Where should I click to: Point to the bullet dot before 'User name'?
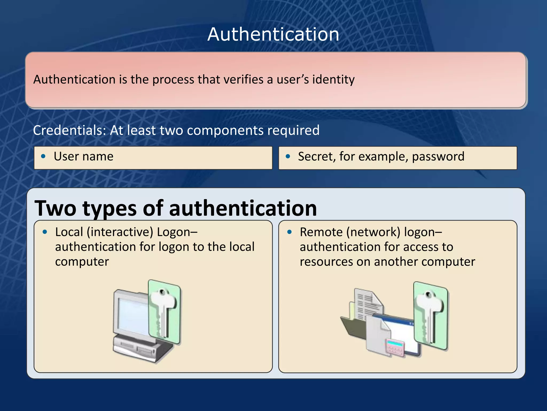[x=43, y=156]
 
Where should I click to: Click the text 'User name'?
[x=83, y=156]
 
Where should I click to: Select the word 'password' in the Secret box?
[x=438, y=157]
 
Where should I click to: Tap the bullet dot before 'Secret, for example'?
[x=288, y=157]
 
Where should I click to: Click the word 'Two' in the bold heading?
[x=55, y=208]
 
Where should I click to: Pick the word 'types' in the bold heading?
[x=110, y=209]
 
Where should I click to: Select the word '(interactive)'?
[x=120, y=232]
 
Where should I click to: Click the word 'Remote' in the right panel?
[x=321, y=232]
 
